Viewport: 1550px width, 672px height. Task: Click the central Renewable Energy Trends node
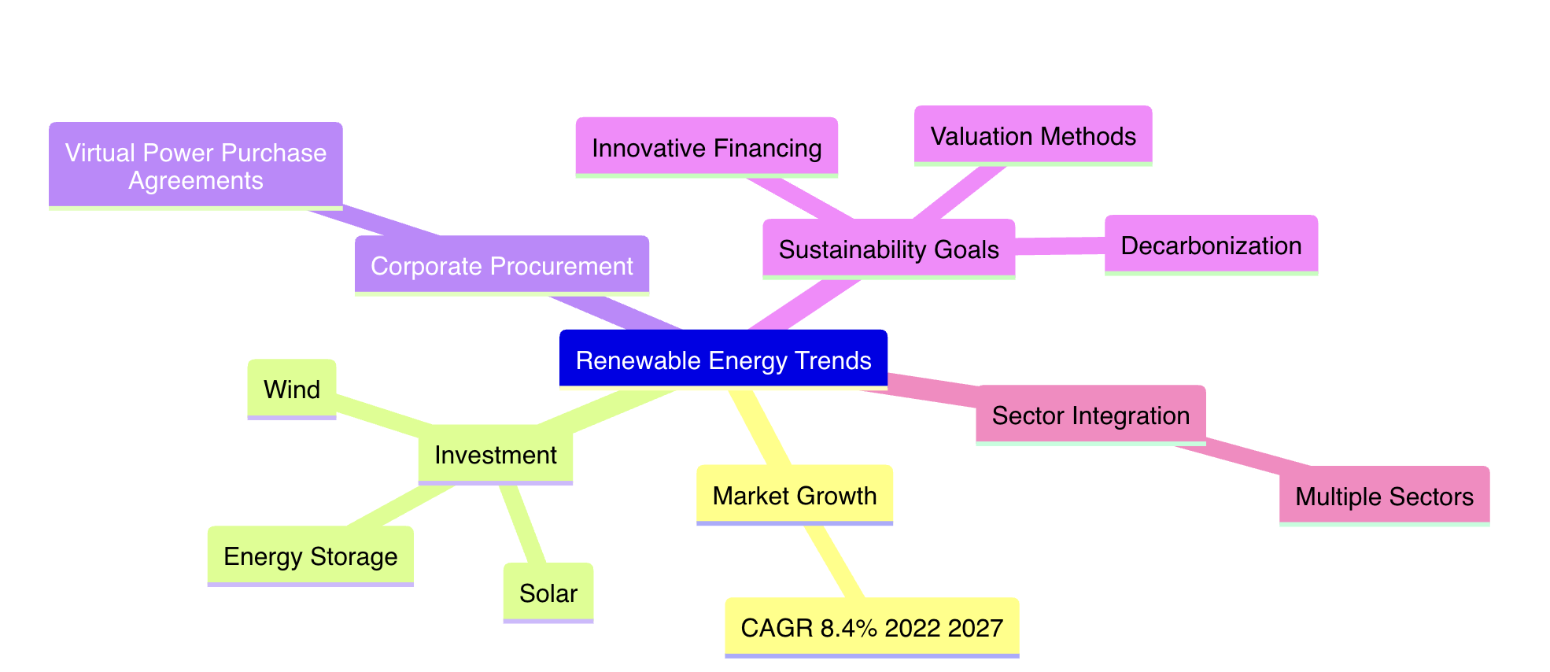click(x=723, y=359)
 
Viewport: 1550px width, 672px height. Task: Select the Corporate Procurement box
click(x=502, y=265)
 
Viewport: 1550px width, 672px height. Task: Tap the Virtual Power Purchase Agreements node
click(x=196, y=165)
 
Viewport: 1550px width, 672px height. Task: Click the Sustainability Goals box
click(x=889, y=249)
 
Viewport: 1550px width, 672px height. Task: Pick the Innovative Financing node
click(x=707, y=147)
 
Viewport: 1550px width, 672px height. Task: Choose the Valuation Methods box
click(x=1033, y=135)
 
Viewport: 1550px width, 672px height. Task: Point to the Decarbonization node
click(x=1211, y=245)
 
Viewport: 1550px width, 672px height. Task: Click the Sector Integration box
click(x=1091, y=415)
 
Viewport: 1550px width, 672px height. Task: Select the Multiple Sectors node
click(x=1384, y=496)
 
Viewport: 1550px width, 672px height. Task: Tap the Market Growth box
click(x=795, y=495)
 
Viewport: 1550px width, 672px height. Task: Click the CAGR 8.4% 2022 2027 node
click(x=872, y=627)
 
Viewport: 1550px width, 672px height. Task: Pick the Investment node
click(x=496, y=454)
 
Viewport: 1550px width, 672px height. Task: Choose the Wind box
click(x=292, y=389)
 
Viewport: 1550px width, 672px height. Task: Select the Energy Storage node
click(x=311, y=556)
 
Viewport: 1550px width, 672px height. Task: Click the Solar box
click(x=548, y=593)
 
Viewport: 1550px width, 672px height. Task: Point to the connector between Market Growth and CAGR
click(x=834, y=561)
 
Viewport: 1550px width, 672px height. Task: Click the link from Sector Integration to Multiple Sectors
click(x=1243, y=456)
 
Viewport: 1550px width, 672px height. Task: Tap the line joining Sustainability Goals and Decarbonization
click(x=1060, y=246)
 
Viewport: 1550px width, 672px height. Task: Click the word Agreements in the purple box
click(x=196, y=180)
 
